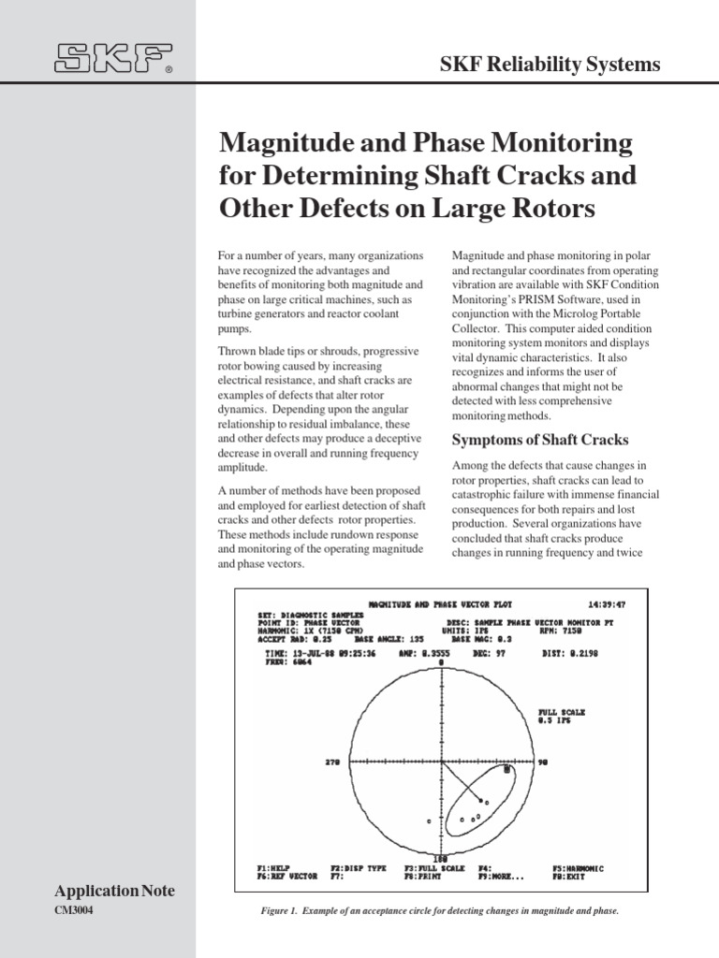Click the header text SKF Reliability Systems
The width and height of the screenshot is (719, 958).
point(550,65)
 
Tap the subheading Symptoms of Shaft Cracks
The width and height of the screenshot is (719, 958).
point(540,440)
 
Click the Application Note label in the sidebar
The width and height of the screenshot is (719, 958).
point(115,892)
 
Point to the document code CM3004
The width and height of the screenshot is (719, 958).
point(76,911)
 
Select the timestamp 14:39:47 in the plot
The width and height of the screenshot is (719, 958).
point(606,605)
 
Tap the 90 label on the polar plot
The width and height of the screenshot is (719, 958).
point(543,762)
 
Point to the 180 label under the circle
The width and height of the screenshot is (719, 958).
point(441,858)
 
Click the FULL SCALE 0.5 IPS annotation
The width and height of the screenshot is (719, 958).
point(562,717)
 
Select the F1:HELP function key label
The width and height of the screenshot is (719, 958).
point(276,868)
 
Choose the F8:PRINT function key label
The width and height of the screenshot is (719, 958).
point(424,877)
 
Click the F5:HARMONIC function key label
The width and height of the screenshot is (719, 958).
point(579,868)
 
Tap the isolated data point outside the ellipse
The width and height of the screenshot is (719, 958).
point(429,820)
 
